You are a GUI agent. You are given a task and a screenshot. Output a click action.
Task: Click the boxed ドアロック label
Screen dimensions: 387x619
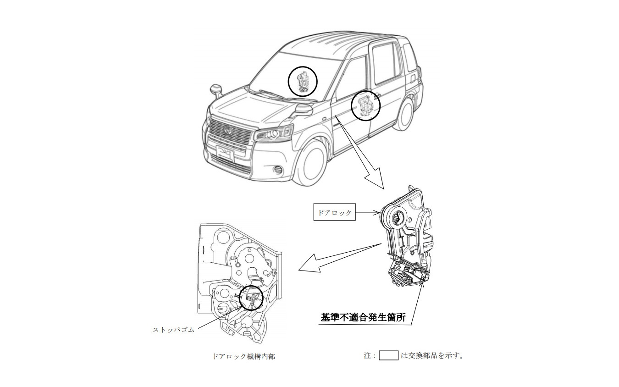click(334, 212)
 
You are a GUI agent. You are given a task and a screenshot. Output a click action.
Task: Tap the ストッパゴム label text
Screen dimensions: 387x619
click(173, 329)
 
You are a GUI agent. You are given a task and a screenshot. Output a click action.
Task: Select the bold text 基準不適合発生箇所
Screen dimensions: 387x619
click(363, 318)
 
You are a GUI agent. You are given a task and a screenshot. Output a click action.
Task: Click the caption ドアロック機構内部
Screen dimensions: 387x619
click(243, 356)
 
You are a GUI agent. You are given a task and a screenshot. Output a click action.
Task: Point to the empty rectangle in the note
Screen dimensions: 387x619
click(388, 355)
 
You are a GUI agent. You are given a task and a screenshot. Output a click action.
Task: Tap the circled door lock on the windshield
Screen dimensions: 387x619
click(303, 81)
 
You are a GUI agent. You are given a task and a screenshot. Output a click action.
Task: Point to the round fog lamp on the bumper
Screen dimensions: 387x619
click(277, 171)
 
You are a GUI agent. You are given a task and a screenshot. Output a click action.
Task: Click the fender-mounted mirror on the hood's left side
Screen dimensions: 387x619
click(216, 89)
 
